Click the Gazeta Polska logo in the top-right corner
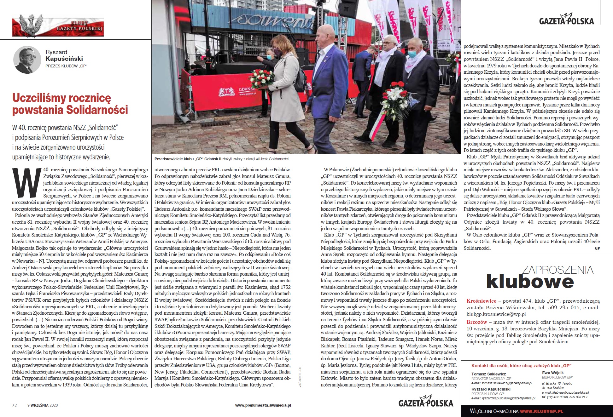566,20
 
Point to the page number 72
14,405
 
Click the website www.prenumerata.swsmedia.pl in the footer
263,405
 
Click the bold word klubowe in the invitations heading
529,281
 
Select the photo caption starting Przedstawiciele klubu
222,159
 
